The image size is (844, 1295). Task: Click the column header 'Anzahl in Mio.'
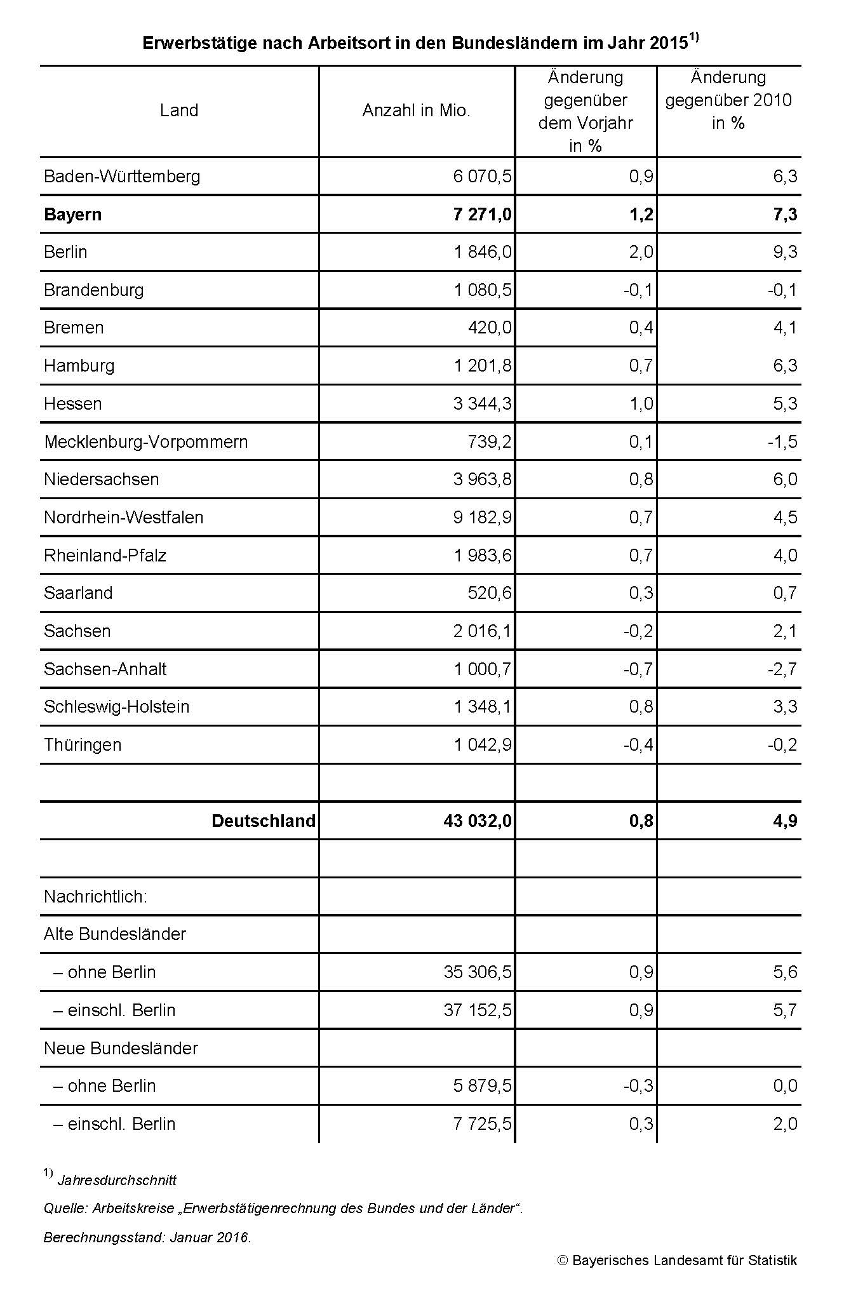pyautogui.click(x=416, y=111)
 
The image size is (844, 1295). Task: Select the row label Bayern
pyautogui.click(x=72, y=214)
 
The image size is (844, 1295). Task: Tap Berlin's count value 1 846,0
pyautogui.click(x=482, y=252)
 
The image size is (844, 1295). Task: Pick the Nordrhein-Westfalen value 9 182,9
pyautogui.click(x=482, y=518)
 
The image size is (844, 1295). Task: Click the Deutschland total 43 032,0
pyautogui.click(x=477, y=821)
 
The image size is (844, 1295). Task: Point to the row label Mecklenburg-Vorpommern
pyautogui.click(x=145, y=441)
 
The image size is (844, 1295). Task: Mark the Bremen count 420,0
pyautogui.click(x=489, y=328)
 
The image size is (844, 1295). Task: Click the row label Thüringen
pyautogui.click(x=83, y=744)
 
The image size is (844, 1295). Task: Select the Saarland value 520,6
pyautogui.click(x=489, y=593)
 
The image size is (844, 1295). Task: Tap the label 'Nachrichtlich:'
pyautogui.click(x=95, y=897)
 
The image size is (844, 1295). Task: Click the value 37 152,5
pyautogui.click(x=477, y=1010)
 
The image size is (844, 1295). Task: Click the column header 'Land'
pyautogui.click(x=179, y=111)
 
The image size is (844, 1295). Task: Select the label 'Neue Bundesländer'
pyautogui.click(x=121, y=1048)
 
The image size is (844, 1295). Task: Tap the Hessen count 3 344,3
pyautogui.click(x=482, y=403)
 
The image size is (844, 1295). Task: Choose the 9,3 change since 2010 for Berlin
pyautogui.click(x=785, y=252)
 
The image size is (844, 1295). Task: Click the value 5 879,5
pyautogui.click(x=482, y=1086)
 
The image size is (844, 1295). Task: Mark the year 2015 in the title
pyautogui.click(x=669, y=43)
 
